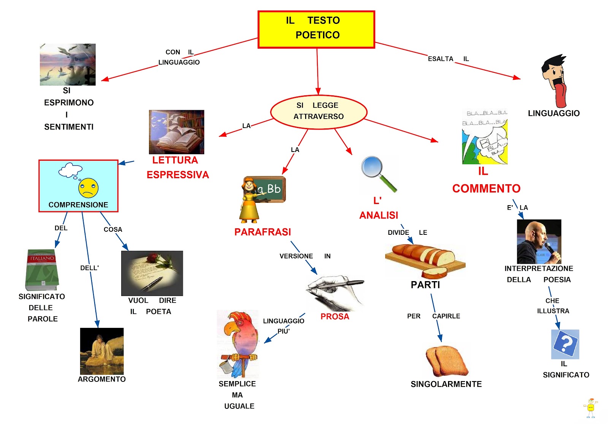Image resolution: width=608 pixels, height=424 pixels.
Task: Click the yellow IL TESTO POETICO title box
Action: tap(316, 29)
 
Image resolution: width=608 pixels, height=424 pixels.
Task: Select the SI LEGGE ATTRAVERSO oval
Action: tap(318, 112)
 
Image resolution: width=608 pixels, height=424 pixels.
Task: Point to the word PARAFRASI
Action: tap(263, 232)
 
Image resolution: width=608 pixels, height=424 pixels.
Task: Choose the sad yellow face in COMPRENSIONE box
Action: tap(89, 188)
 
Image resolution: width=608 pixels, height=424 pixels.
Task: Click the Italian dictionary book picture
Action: tap(42, 270)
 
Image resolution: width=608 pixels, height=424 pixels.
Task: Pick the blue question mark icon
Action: tap(565, 343)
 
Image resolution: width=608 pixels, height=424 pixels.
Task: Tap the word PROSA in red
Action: tap(334, 316)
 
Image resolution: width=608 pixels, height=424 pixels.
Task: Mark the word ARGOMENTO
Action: tap(101, 379)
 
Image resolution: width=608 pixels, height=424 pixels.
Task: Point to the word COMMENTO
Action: tap(486, 188)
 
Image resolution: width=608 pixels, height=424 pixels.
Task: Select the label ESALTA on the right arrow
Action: tap(440, 59)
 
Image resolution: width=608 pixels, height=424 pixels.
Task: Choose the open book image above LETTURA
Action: tap(176, 132)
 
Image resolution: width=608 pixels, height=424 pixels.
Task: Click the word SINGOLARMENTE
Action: tap(446, 384)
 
